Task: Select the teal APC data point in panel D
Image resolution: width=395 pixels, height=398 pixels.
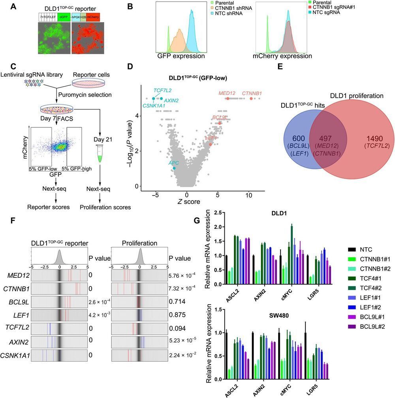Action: (x=174, y=168)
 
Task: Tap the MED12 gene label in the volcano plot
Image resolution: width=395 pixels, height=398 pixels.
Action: (x=227, y=93)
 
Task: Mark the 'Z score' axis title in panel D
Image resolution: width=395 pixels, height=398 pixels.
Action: (x=210, y=201)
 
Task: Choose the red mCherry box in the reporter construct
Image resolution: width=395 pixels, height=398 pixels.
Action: (x=93, y=17)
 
